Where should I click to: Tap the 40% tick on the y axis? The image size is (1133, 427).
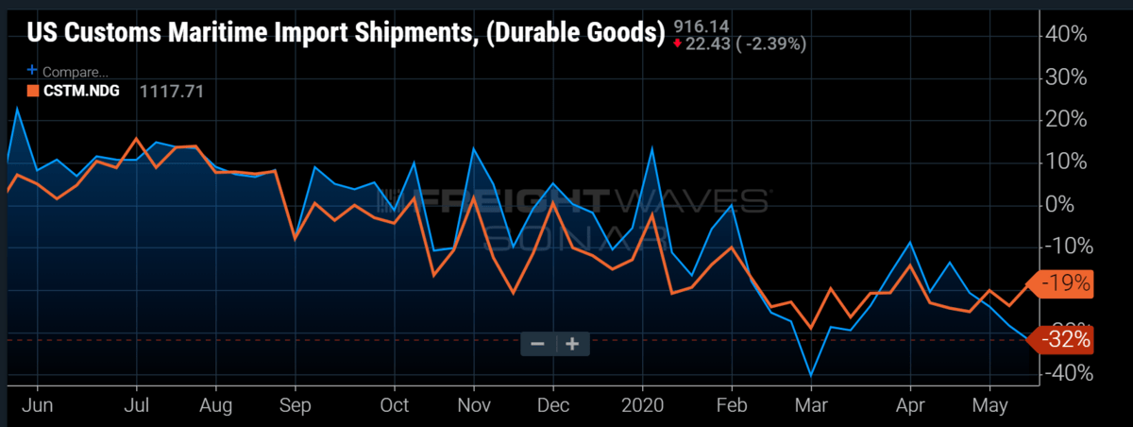pyautogui.click(x=1066, y=34)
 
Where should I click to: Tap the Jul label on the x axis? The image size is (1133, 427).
pyautogui.click(x=138, y=406)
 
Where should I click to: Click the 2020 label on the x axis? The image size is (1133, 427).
pyautogui.click(x=643, y=406)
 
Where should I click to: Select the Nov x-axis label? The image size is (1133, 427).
pyautogui.click(x=475, y=406)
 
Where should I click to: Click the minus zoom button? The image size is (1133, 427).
pyautogui.click(x=537, y=344)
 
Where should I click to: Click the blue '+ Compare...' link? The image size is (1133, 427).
pyautogui.click(x=69, y=71)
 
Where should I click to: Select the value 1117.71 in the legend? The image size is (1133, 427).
pyautogui.click(x=172, y=92)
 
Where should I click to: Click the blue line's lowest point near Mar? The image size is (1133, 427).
pyautogui.click(x=811, y=375)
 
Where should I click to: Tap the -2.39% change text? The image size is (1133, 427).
pyautogui.click(x=772, y=43)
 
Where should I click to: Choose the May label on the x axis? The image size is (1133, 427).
pyautogui.click(x=989, y=406)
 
